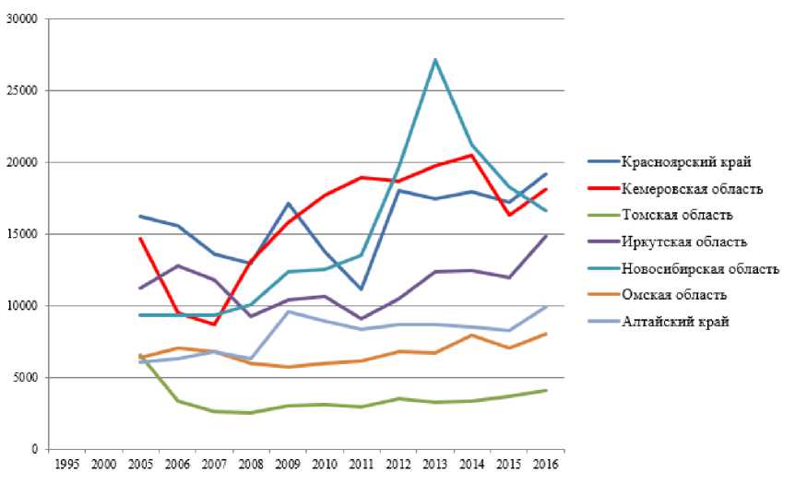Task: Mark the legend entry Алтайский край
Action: (x=673, y=322)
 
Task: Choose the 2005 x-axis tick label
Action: (x=140, y=464)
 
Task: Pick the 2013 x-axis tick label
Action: (x=434, y=464)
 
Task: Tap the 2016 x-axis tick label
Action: (x=545, y=464)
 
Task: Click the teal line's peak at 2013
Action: (x=434, y=60)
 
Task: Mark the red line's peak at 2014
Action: (x=472, y=155)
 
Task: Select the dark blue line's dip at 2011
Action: (x=362, y=289)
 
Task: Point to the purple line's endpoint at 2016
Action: (x=545, y=236)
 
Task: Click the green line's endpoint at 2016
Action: (x=545, y=390)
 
